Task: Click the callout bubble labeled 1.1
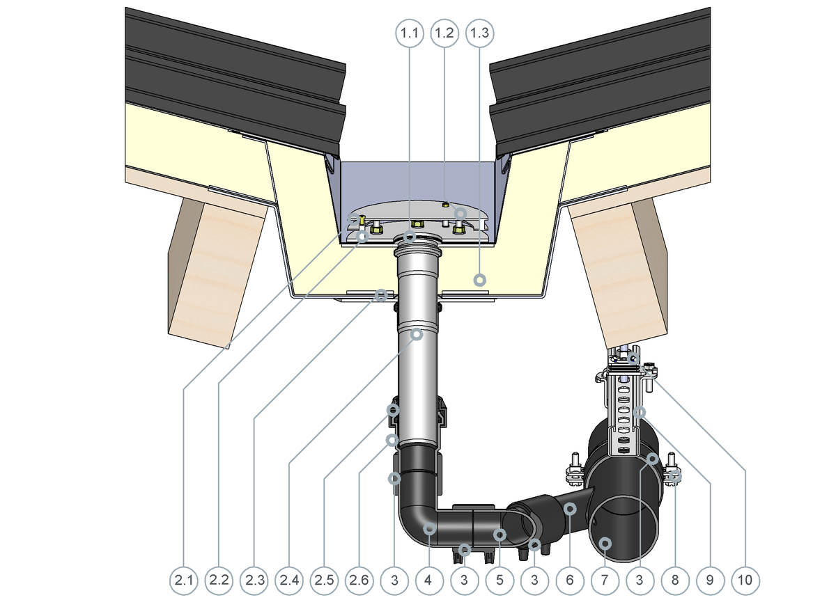click(x=410, y=33)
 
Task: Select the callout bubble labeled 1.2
click(x=444, y=33)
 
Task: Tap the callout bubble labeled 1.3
click(x=480, y=33)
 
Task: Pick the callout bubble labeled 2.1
click(x=184, y=581)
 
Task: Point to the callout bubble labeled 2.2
click(x=219, y=581)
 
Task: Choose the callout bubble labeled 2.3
click(x=254, y=581)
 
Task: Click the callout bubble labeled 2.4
click(x=289, y=581)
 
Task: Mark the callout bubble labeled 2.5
click(x=325, y=581)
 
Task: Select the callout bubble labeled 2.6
click(x=359, y=581)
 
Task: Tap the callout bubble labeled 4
click(x=429, y=581)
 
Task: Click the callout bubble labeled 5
click(x=500, y=581)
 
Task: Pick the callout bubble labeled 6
click(x=570, y=581)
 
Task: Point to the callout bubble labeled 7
click(x=605, y=581)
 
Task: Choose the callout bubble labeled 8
click(x=675, y=581)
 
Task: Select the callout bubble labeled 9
click(x=710, y=581)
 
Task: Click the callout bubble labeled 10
click(x=745, y=581)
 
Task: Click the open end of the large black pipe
click(x=624, y=529)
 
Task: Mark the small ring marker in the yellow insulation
click(x=480, y=280)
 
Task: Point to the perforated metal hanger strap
click(x=624, y=414)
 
